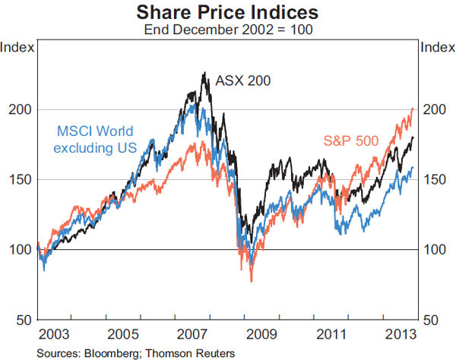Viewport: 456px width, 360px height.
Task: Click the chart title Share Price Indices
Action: point(227,13)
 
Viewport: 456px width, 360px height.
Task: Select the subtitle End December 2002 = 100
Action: point(227,31)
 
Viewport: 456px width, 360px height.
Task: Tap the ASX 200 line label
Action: point(243,80)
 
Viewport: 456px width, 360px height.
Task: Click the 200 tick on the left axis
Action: point(21,109)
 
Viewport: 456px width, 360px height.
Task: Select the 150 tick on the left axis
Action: point(21,179)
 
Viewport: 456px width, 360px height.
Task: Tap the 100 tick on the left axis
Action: point(21,249)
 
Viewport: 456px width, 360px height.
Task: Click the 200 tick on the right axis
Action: point(434,109)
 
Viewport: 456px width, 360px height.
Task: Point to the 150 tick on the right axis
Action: point(434,179)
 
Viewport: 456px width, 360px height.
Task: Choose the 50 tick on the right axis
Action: point(431,319)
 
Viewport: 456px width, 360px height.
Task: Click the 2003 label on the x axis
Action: point(54,334)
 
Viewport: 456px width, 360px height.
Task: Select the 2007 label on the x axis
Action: point(193,334)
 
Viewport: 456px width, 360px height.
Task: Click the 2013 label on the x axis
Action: point(401,334)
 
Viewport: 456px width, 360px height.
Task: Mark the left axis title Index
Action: point(18,47)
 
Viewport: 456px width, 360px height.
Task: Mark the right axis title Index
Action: point(437,47)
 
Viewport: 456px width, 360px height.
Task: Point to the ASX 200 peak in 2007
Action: point(204,74)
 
